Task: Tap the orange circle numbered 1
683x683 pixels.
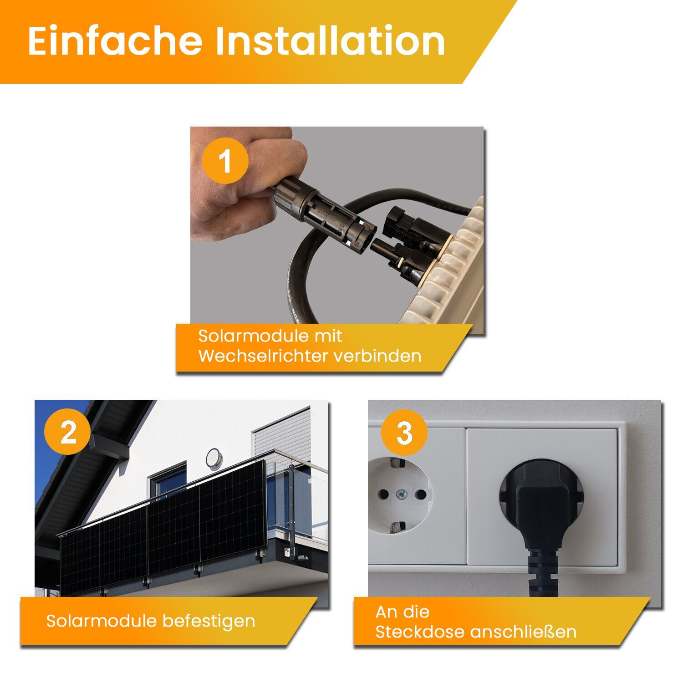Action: click(x=225, y=161)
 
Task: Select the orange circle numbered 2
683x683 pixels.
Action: click(x=68, y=432)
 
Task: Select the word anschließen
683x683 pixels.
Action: click(x=523, y=632)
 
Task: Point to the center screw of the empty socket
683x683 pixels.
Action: click(x=401, y=494)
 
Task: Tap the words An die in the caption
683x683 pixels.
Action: click(x=403, y=612)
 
